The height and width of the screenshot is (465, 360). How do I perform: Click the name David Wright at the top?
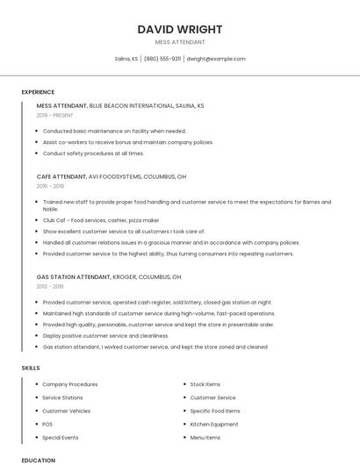[179, 29]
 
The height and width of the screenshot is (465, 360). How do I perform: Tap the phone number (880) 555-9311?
[162, 59]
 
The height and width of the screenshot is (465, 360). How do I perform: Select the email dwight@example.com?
[216, 59]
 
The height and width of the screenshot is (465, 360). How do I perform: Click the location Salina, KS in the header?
[126, 59]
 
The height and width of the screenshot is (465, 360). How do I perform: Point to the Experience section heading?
[38, 92]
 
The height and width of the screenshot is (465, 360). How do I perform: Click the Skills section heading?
[31, 368]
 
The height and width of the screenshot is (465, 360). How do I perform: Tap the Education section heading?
[38, 460]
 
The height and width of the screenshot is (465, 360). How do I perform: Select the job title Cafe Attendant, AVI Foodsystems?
[112, 176]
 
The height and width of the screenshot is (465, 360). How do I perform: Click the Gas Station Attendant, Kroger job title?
[109, 276]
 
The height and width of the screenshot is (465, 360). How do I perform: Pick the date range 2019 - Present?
[55, 115]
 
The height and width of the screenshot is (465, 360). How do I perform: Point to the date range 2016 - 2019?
[50, 186]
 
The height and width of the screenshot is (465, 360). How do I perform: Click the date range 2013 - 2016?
[50, 286]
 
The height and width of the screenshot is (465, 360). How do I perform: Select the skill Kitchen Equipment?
[214, 424]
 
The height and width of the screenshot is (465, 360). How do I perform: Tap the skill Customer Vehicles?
[66, 411]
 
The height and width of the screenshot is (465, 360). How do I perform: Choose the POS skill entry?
[47, 424]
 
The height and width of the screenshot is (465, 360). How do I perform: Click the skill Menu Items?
[205, 437]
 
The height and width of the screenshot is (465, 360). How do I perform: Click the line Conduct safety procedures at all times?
[93, 153]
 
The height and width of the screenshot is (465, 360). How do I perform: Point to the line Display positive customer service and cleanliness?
[105, 335]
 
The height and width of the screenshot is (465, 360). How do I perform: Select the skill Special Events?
[61, 437]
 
